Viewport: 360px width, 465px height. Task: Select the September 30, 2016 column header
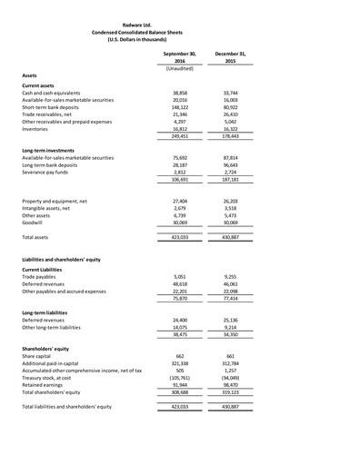[179, 58]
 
